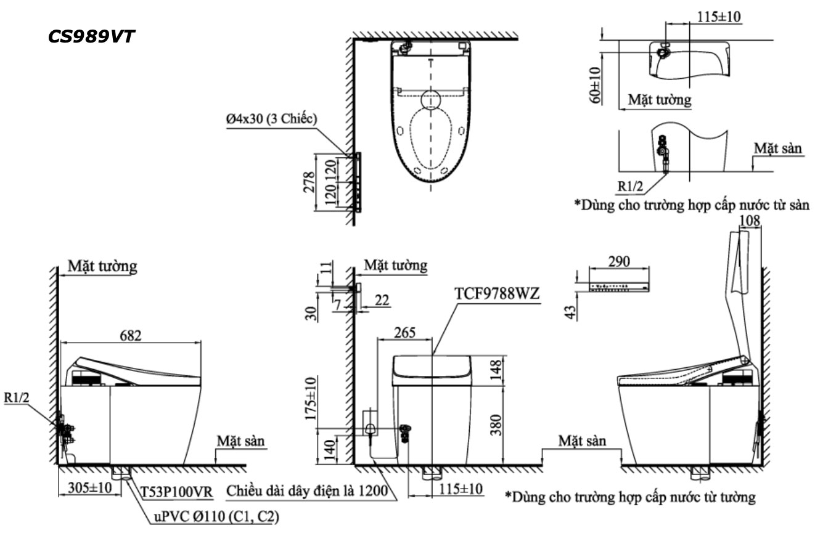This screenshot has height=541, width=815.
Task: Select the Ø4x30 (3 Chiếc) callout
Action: (x=271, y=119)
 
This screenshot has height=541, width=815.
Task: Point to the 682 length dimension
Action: (x=131, y=335)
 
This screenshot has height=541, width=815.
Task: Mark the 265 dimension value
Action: (x=404, y=333)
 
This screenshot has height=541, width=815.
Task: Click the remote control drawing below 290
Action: (x=618, y=287)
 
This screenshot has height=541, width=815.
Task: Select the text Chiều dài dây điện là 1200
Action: (x=306, y=491)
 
